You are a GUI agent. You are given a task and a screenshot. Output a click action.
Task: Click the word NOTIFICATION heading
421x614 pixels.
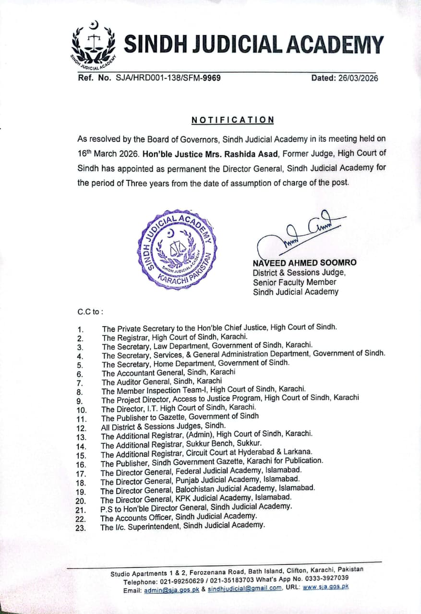pos(233,120)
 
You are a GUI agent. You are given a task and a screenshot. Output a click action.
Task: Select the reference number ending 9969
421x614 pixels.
pos(168,77)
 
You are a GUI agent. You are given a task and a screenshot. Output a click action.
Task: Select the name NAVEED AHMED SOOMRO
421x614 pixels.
pos(304,263)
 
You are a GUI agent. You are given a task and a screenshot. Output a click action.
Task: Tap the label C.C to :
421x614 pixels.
pos(90,311)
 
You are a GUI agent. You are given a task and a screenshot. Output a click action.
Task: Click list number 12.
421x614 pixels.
pos(81,428)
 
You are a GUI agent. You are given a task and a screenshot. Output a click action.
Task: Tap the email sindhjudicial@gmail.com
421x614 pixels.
pos(245,590)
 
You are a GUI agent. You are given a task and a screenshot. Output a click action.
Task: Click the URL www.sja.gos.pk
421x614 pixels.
pos(325,587)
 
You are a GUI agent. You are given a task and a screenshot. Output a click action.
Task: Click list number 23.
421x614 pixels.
pos(81,528)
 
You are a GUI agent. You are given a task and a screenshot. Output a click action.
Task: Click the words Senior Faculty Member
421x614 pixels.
pos(295,282)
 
